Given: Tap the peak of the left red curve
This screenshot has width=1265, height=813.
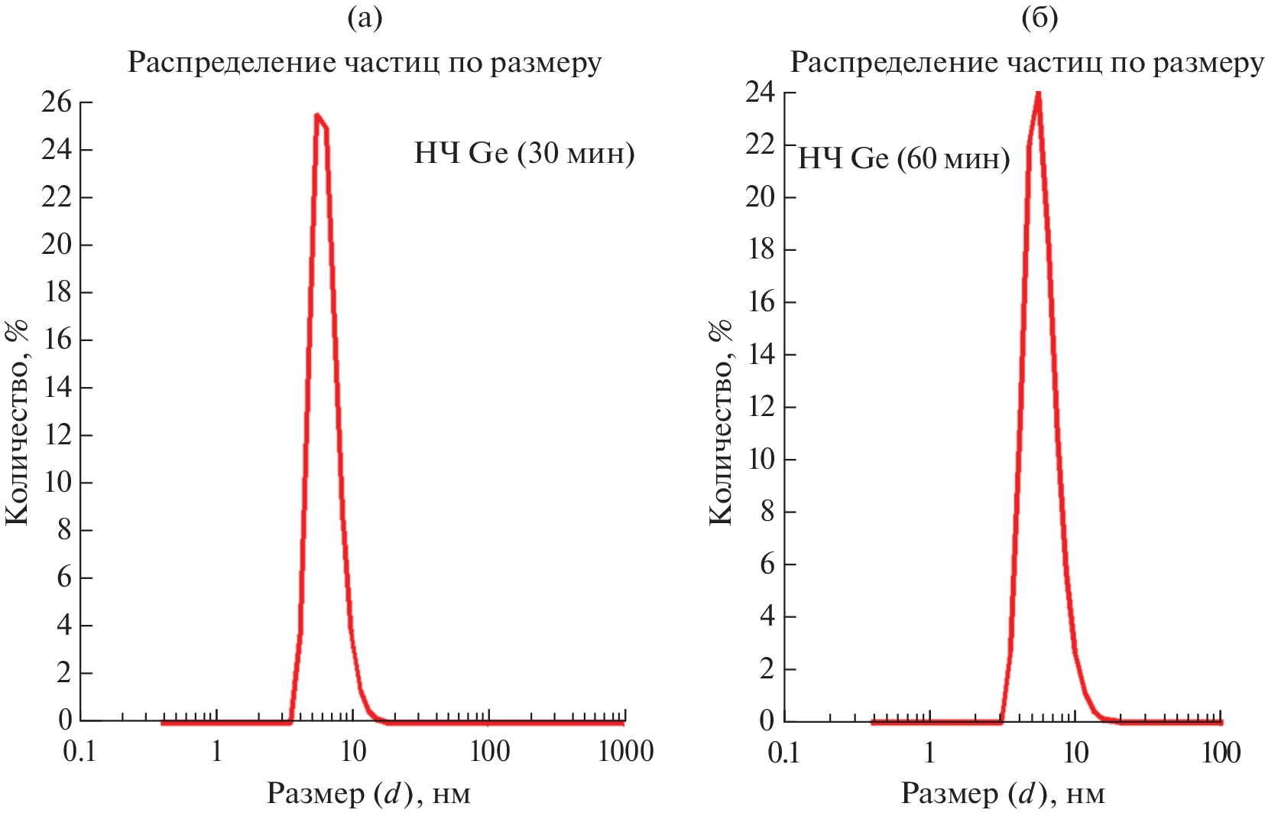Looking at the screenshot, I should pos(317,115).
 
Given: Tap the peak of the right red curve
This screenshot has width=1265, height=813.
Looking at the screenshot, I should pos(1038,94).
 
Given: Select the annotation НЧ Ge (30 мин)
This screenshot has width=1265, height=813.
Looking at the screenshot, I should pos(524,154).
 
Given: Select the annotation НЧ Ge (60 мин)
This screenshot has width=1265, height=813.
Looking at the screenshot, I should pos(903,159).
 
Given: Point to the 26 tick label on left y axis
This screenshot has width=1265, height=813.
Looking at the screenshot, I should pos(57,102).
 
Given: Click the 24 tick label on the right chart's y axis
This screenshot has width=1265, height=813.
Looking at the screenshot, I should pos(761,93).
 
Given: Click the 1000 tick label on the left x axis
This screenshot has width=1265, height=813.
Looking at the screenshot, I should pos(625,752).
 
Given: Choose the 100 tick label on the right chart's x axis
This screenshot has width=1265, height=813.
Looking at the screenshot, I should pos(1221,753).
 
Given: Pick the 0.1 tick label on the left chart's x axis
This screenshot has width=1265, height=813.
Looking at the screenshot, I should pos(79,752).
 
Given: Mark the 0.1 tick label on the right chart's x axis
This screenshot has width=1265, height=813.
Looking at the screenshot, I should pos(783,753).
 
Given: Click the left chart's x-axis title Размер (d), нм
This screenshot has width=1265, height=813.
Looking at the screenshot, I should pos(368,794).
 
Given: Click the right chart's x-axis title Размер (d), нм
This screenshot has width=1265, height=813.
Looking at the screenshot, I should pos(1003,794).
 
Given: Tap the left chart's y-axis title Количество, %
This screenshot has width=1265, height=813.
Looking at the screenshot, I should pos(17,422).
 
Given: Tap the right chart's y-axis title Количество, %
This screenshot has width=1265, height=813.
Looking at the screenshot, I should pos(721,422).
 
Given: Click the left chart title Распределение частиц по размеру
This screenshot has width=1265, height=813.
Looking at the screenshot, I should pos(365,63).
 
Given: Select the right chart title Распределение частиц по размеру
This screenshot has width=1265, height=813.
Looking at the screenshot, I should pos(1027,63).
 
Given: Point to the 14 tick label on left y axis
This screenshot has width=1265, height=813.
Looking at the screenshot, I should pos(57,387).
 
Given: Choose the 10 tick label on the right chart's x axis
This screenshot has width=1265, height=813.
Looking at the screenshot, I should pos(1075,753).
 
